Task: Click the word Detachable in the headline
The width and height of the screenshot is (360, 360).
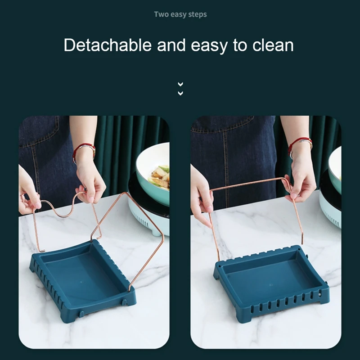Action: [108, 45]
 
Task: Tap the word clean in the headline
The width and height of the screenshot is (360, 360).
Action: [273, 45]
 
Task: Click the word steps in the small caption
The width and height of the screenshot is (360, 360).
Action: [197, 15]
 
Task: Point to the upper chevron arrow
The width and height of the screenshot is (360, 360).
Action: [180, 84]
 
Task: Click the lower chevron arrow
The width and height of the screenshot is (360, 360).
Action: [180, 93]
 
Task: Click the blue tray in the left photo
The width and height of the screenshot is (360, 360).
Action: [83, 280]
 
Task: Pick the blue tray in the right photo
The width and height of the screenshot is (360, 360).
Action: [271, 283]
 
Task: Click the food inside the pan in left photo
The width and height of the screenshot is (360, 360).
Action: [160, 175]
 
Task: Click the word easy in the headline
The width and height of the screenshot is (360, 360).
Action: [208, 46]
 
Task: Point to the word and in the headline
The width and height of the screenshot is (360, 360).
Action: [171, 45]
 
